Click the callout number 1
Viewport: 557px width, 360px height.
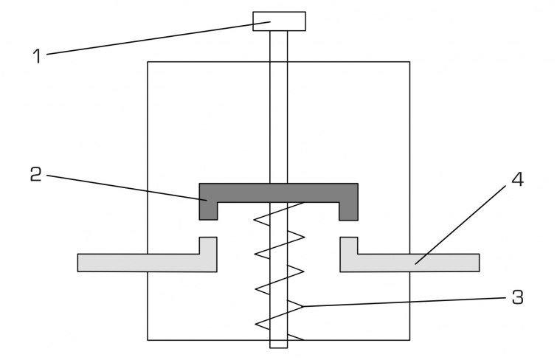(37, 56)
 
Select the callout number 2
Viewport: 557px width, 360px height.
(36, 175)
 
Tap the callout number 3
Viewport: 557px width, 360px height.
(518, 297)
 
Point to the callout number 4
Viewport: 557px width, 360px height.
(518, 179)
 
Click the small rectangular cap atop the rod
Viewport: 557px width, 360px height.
(279, 21)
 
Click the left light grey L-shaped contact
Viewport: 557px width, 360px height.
(147, 263)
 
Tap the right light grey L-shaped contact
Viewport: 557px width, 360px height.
(409, 263)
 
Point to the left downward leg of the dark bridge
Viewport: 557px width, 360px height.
(208, 211)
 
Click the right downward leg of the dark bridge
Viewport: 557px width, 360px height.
(348, 211)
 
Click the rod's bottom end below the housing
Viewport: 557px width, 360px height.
(279, 344)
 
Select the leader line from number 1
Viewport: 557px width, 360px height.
(159, 38)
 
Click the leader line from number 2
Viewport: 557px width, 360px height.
(126, 187)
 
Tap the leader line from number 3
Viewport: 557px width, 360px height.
(404, 302)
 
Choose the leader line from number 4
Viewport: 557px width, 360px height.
(460, 224)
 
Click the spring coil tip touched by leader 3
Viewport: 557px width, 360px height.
(302, 306)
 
